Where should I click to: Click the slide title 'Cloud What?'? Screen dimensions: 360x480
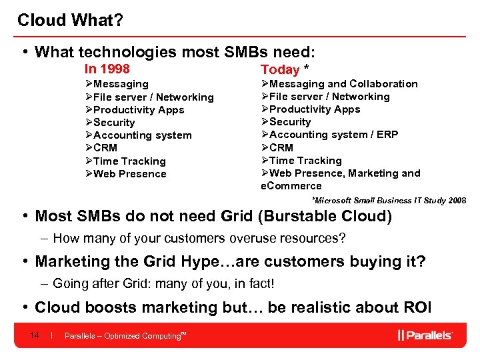click(69, 20)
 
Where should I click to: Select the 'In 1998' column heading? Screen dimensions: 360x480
click(107, 69)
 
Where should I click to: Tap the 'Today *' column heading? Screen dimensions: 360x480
click(285, 69)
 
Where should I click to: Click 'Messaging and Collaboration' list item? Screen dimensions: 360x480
click(343, 84)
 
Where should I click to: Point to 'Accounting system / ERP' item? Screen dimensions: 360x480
click(333, 135)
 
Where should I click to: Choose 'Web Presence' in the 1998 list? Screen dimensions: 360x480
click(129, 174)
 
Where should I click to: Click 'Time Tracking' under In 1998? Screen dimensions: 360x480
click(129, 161)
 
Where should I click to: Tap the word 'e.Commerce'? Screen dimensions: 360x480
click(291, 186)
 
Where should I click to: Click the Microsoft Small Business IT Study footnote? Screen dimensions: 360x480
click(389, 200)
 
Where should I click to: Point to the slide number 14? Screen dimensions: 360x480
click(35, 335)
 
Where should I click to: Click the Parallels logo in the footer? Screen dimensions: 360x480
click(425, 335)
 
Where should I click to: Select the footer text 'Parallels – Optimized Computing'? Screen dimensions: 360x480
click(123, 336)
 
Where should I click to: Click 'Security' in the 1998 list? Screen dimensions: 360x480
click(114, 123)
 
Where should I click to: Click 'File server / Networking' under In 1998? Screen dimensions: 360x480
click(153, 97)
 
